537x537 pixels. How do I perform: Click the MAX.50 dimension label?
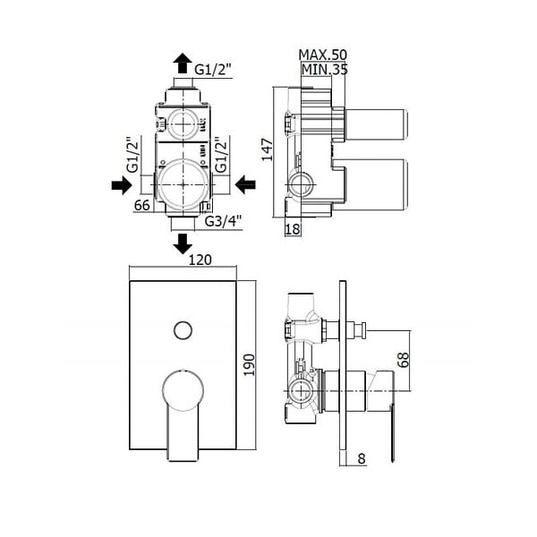[x=322, y=55]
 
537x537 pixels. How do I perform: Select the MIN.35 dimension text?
[x=324, y=70]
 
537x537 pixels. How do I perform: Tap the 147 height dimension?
[x=267, y=149]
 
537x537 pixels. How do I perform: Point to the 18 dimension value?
[x=293, y=229]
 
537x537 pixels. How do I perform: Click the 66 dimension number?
[x=142, y=205]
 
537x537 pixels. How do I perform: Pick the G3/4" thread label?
[x=223, y=221]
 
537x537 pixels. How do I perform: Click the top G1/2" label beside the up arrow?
[x=213, y=70]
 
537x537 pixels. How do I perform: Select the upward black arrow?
[x=183, y=63]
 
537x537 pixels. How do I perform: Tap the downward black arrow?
[x=183, y=243]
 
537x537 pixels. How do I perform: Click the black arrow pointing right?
[x=122, y=185]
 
